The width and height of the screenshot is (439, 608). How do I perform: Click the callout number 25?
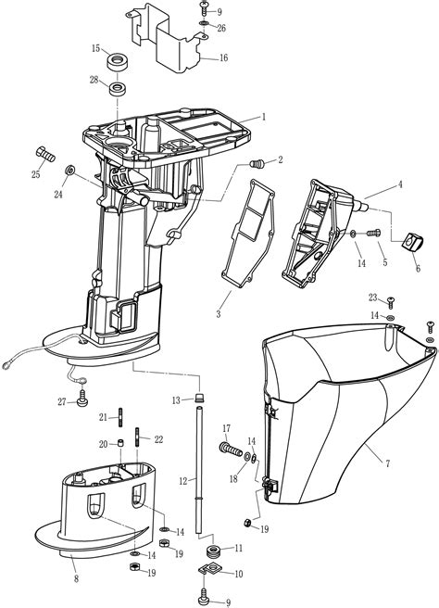pyautogui.click(x=36, y=173)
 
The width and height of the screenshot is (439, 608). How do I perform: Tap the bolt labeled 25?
pyautogui.click(x=44, y=152)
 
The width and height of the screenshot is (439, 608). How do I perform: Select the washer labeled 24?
pyautogui.click(x=70, y=172)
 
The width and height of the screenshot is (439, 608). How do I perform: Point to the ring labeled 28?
pyautogui.click(x=119, y=89)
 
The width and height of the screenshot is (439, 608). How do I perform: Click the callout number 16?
pyautogui.click(x=223, y=57)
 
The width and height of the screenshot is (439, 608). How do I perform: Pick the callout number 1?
pyautogui.click(x=263, y=117)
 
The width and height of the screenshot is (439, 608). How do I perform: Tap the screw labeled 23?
pyautogui.click(x=391, y=301)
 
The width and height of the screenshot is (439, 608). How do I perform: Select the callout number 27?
pyautogui.click(x=61, y=400)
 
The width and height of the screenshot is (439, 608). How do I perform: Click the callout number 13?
pyautogui.click(x=176, y=400)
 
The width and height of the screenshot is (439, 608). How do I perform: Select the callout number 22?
pyautogui.click(x=158, y=438)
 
